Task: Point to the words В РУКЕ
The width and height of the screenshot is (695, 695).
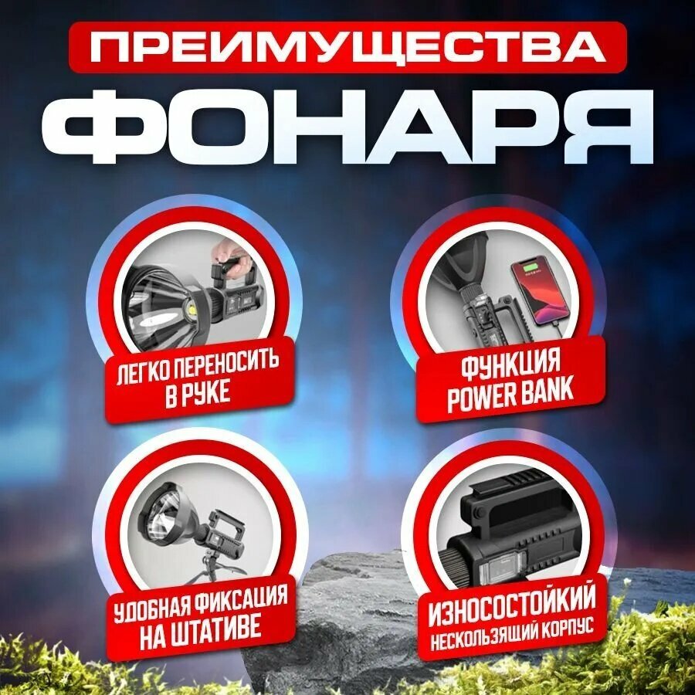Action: click(198, 394)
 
